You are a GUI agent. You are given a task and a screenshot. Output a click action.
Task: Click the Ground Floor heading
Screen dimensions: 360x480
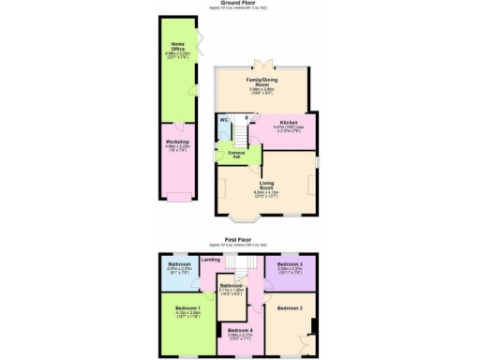(x=239, y=4)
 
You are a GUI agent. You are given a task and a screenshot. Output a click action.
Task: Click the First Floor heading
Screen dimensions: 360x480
(x=240, y=240)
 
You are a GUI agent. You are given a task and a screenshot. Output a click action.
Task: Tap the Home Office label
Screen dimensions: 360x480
(x=177, y=47)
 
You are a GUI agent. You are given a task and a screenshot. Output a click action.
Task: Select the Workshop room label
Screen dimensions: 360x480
(x=177, y=142)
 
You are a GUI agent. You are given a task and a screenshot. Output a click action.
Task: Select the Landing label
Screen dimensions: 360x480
(x=212, y=260)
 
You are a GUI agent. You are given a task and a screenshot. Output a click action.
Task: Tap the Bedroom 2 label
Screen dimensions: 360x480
(x=289, y=307)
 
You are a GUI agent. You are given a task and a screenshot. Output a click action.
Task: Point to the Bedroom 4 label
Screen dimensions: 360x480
(x=239, y=329)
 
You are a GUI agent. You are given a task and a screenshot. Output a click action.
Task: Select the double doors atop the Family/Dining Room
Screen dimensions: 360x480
(x=266, y=66)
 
